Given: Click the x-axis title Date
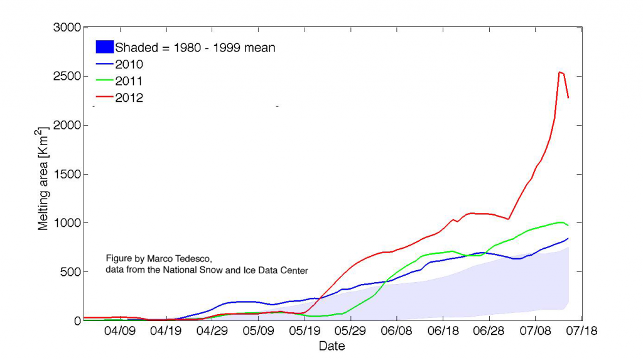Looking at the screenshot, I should (x=332, y=346).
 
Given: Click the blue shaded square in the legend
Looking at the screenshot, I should (x=104, y=46).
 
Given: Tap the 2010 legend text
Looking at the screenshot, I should (x=129, y=64).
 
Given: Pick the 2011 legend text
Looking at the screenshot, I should (x=129, y=81).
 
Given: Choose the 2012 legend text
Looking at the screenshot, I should (x=129, y=98).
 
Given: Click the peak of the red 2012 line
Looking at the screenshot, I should (x=559, y=72).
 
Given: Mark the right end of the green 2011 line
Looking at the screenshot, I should (x=568, y=225).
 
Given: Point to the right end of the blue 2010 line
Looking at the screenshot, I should (x=568, y=238).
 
